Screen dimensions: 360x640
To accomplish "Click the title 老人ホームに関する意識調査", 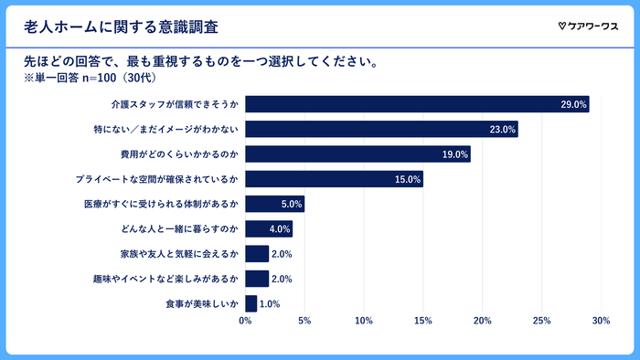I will pyautogui.click(x=127, y=26).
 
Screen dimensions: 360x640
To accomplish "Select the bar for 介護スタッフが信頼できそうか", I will pyautogui.click(x=417, y=104).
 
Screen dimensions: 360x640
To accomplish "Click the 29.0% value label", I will pyautogui.click(x=573, y=105).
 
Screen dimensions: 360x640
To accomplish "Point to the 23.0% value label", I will pyautogui.click(x=502, y=130).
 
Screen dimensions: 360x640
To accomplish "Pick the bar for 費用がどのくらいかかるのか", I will pyautogui.click(x=357, y=154).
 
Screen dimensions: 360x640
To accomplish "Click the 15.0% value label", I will pyautogui.click(x=407, y=180).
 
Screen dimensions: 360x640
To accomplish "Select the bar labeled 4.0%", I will pyautogui.click(x=268, y=229).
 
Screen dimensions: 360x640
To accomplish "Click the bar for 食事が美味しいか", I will pyautogui.click(x=251, y=303).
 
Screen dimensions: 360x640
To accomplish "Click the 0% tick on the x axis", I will pyautogui.click(x=245, y=321).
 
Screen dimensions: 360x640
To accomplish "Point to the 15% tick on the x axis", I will pyautogui.click(x=422, y=321).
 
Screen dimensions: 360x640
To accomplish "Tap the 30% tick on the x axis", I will pyautogui.click(x=601, y=321).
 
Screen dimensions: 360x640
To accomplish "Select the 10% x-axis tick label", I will pyautogui.click(x=363, y=321).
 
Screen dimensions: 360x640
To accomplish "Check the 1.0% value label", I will pyautogui.click(x=270, y=303).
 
